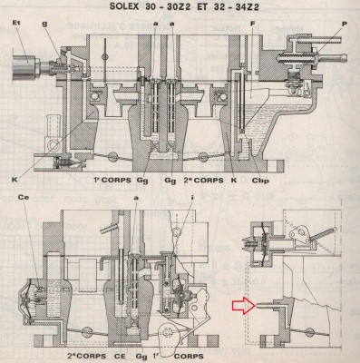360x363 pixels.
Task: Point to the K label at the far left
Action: point(16,169)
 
